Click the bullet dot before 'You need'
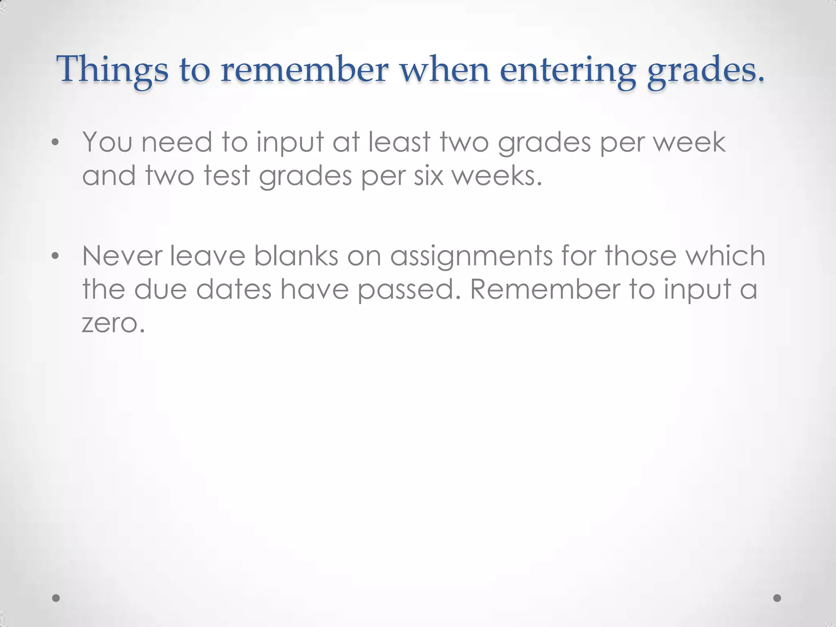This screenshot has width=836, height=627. click(56, 142)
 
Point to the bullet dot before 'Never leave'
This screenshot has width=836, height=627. click(56, 256)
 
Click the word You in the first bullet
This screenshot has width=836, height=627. click(107, 142)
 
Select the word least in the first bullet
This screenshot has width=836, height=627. click(400, 142)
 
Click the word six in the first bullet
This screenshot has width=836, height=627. click(428, 176)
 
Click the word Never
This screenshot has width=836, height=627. click(122, 256)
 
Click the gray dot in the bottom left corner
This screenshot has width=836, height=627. click(56, 598)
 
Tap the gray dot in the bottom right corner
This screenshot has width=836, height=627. click(777, 598)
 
